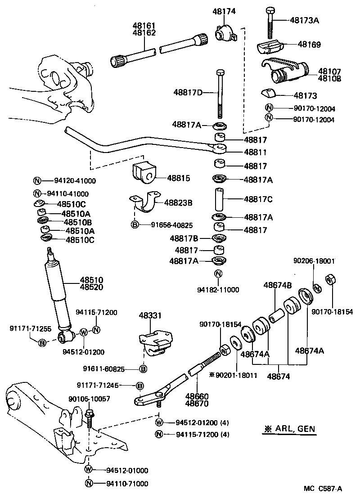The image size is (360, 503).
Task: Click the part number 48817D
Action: [x=188, y=93]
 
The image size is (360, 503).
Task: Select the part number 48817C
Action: [x=258, y=198]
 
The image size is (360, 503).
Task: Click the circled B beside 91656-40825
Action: [x=134, y=225]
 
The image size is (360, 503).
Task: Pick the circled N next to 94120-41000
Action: [x=37, y=181]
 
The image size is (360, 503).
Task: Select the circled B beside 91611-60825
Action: [x=143, y=369]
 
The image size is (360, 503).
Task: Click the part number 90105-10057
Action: [x=89, y=399]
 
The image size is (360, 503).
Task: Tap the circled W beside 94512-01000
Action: [x=89, y=470]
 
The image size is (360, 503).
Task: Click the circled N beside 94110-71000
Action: [x=89, y=484]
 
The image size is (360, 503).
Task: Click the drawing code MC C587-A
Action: [x=322, y=489]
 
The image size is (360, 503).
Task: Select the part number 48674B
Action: [x=277, y=285]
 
